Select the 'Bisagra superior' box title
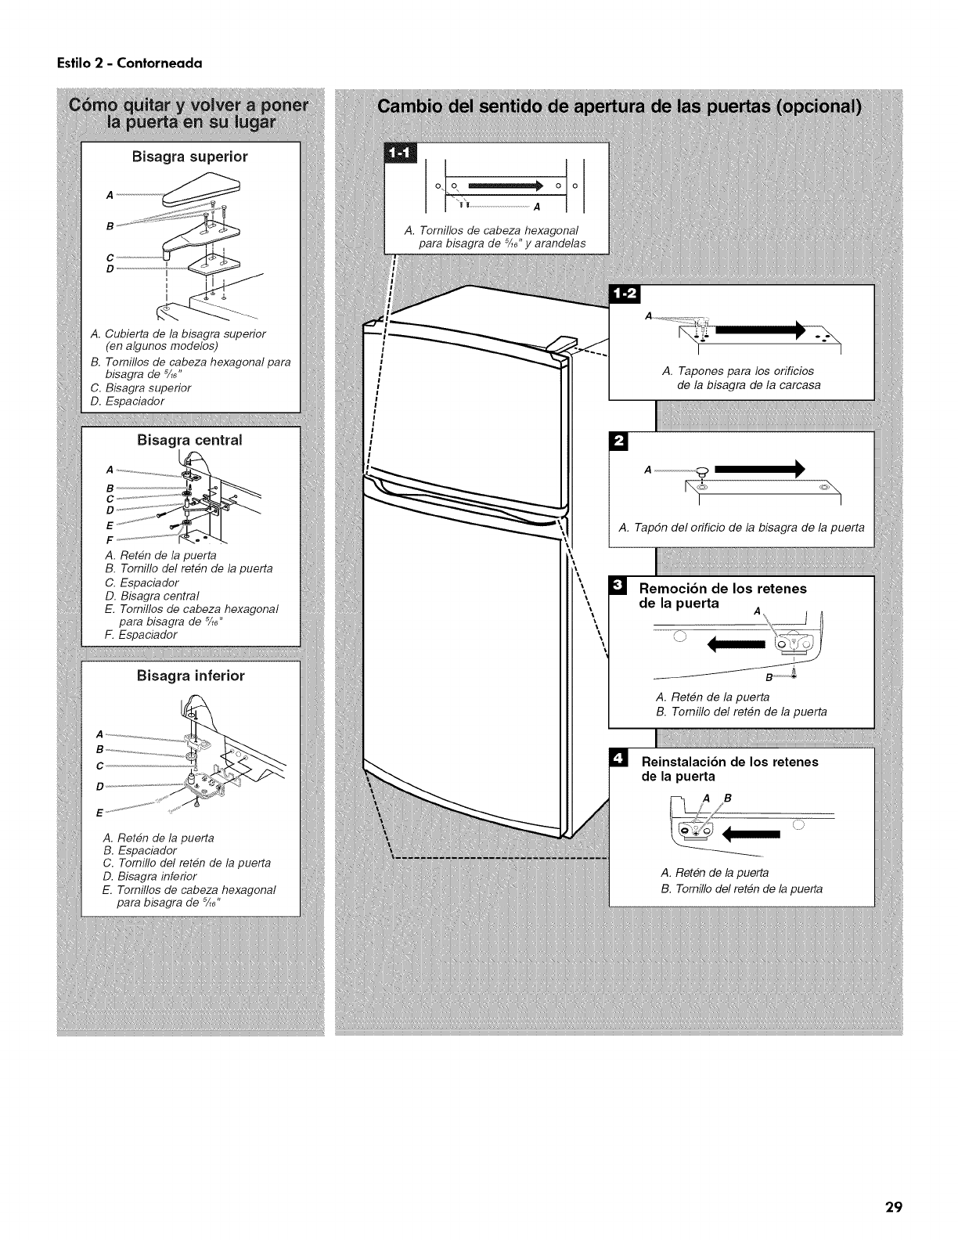(x=190, y=156)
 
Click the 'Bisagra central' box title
(x=190, y=440)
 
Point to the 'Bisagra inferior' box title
(x=191, y=675)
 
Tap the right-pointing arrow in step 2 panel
(x=758, y=470)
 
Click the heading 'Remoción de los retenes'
(x=723, y=589)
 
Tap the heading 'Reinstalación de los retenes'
(x=729, y=762)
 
